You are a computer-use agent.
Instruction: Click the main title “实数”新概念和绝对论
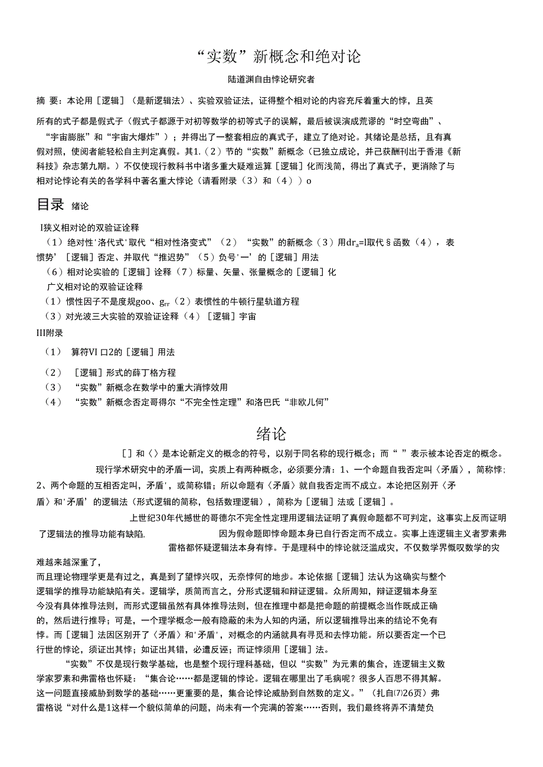(x=271, y=57)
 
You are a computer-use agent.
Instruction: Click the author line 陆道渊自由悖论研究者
(x=271, y=79)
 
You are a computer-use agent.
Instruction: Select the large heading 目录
(x=50, y=205)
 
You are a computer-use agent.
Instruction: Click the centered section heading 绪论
(x=271, y=434)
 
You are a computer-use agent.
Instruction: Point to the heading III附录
(x=50, y=333)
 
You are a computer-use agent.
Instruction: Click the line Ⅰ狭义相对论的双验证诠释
(x=89, y=227)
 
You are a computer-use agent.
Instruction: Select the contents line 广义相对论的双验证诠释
(x=94, y=287)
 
